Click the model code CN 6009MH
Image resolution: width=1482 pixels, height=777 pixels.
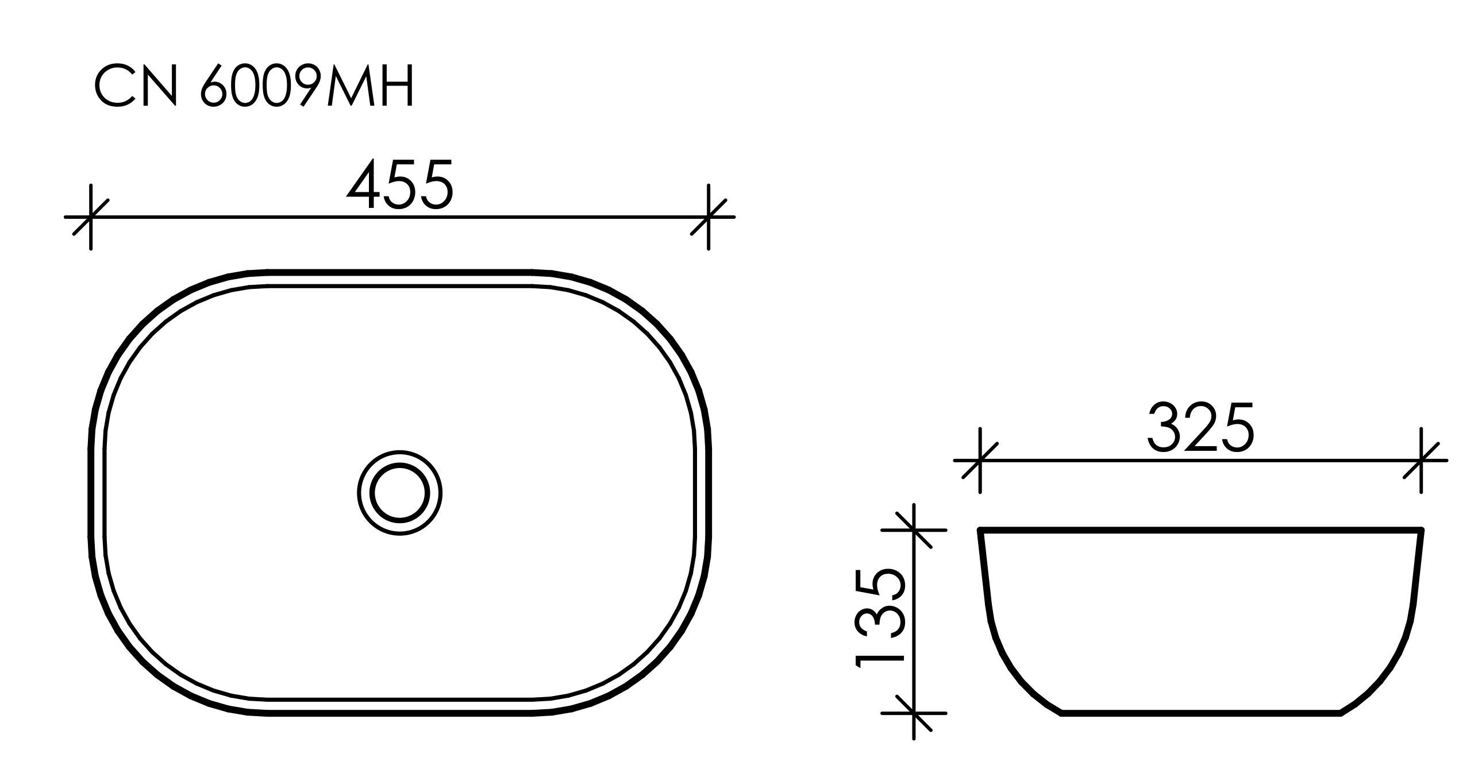tap(254, 87)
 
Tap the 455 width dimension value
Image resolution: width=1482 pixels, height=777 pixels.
tap(400, 185)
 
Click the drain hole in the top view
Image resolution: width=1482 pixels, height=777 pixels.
tap(400, 493)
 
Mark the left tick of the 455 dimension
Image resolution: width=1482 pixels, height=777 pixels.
tap(91, 218)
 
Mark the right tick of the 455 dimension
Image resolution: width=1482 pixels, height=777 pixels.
tap(708, 218)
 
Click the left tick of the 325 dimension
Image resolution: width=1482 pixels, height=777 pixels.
tap(980, 461)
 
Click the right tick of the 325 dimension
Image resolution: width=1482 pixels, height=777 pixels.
tap(1421, 461)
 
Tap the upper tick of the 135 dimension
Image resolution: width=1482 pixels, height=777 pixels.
tap(914, 529)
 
